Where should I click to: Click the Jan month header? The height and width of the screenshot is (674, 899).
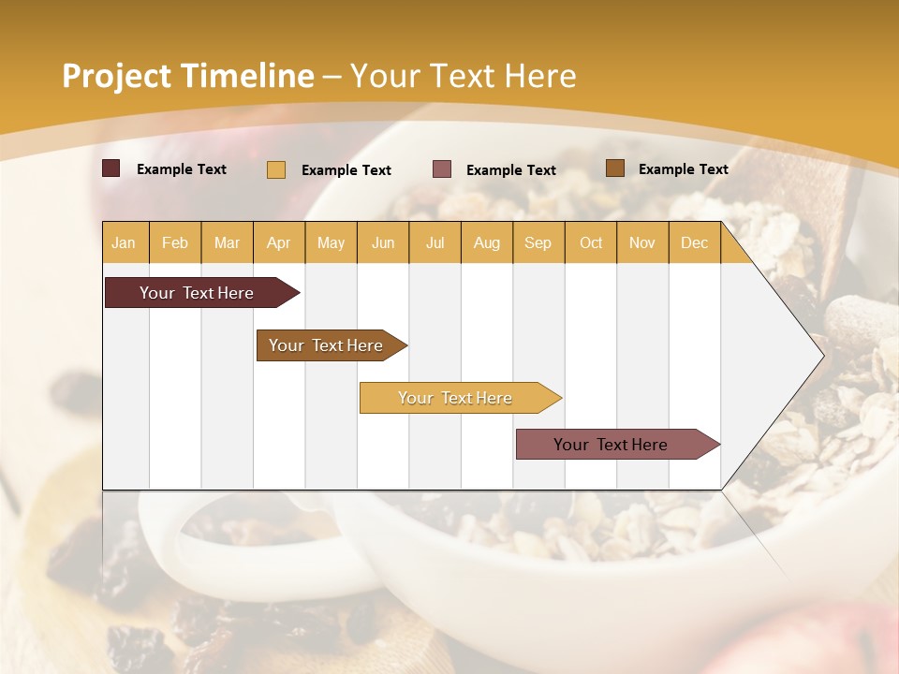click(x=124, y=242)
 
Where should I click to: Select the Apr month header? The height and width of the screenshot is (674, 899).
click(x=278, y=242)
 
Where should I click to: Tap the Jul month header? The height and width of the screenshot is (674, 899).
click(x=435, y=242)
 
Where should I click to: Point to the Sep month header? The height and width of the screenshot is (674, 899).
click(x=538, y=242)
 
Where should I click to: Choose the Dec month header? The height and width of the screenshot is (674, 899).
click(x=694, y=242)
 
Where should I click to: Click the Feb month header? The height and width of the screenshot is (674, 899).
click(x=175, y=242)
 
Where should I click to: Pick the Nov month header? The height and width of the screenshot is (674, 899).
click(x=641, y=242)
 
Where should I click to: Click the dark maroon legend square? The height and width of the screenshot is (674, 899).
click(x=111, y=168)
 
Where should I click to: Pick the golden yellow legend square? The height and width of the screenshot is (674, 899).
click(x=276, y=169)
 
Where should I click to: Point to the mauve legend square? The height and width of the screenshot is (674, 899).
click(x=442, y=168)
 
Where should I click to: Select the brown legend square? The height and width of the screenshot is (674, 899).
click(x=614, y=168)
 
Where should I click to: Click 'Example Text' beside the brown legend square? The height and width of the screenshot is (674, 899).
click(x=683, y=169)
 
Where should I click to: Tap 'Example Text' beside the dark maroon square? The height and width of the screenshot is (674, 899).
click(x=182, y=169)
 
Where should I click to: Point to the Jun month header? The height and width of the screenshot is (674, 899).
click(x=383, y=242)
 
